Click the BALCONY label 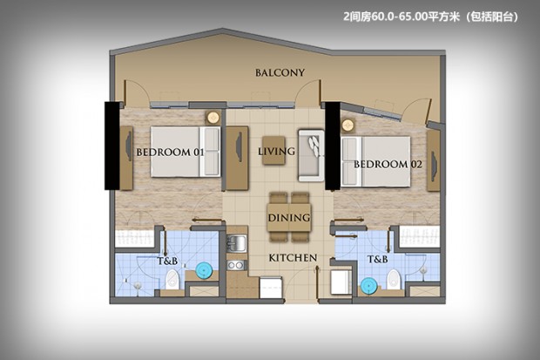280,72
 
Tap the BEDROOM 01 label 170,152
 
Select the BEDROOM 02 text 388,164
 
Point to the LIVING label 277,151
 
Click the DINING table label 289,218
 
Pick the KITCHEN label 293,258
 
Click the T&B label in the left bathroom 168,261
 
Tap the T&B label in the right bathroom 377,259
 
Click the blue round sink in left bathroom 204,270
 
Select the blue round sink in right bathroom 369,286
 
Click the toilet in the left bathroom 172,280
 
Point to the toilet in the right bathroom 394,279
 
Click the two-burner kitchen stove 236,265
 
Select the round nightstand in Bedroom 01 213,118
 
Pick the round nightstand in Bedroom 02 348,124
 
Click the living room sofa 311,155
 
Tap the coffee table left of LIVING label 273,150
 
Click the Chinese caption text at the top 430,17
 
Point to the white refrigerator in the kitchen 271,288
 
